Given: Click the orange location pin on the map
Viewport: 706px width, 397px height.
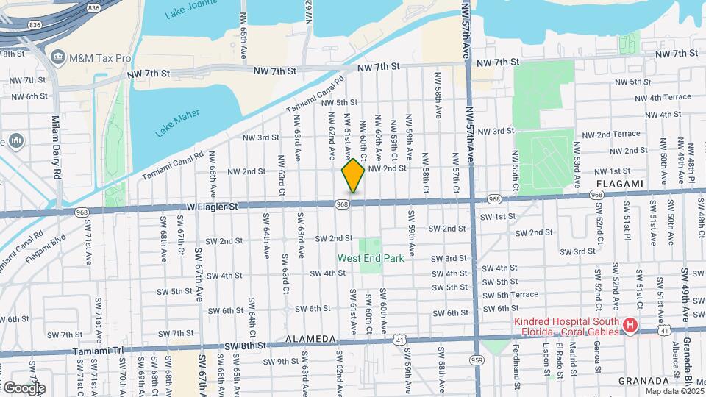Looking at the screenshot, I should click(353, 176).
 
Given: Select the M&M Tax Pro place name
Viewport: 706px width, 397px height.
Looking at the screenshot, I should click(100, 57).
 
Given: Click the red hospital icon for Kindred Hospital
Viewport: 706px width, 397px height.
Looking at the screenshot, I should click(630, 325).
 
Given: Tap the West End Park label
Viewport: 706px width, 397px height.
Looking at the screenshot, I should click(371, 258).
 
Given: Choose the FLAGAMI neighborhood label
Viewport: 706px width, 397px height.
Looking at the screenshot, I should click(621, 183).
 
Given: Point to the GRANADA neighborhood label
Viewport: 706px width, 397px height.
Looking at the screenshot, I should click(644, 381).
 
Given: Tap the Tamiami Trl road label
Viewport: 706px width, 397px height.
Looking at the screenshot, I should click(96, 352).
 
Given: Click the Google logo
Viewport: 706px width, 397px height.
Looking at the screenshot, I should click(24, 387).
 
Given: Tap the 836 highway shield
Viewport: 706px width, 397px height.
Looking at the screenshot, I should click(93, 7).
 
